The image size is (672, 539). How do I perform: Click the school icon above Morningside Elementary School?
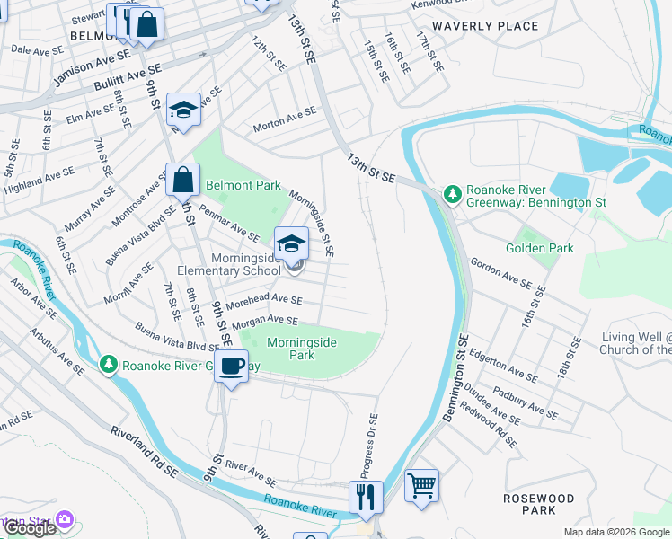[290, 243]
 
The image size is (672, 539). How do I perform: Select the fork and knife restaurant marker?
[366, 497]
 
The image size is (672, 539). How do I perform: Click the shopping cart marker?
[421, 486]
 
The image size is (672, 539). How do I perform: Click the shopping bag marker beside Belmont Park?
[182, 179]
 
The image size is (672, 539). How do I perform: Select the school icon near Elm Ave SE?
[183, 110]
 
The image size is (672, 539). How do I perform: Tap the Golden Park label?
[539, 248]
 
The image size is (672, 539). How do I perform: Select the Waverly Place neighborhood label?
[485, 26]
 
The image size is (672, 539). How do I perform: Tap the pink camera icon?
[63, 519]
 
